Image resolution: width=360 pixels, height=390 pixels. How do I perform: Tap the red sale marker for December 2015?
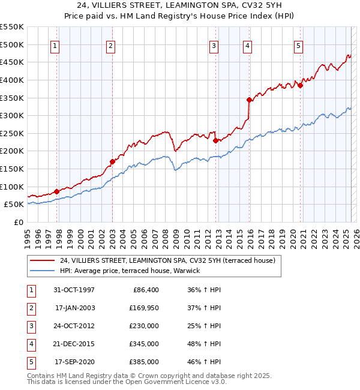[x=248, y=100]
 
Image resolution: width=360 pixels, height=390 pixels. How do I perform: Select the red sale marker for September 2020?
[x=300, y=85]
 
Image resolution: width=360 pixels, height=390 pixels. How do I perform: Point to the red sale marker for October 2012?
[x=215, y=140]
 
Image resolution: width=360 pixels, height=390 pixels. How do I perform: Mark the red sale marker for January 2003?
[x=112, y=161]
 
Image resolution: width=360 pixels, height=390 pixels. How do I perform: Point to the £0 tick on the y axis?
[x=19, y=222]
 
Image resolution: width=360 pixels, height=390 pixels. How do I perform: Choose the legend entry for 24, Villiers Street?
[x=167, y=260]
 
